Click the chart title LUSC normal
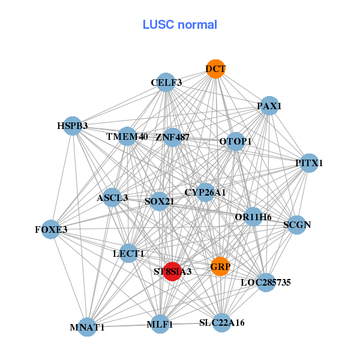[179, 25]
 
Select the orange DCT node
[215, 68]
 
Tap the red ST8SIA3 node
[173, 271]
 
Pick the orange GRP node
[220, 266]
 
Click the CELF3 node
[166, 82]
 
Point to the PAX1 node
[269, 106]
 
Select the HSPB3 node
[73, 126]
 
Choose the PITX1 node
[308, 163]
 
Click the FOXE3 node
[51, 229]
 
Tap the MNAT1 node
[88, 327]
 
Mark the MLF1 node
[160, 325]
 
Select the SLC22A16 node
[222, 323]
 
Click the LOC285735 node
[266, 282]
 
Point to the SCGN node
[297, 225]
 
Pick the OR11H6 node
[253, 217]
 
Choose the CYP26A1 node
[205, 192]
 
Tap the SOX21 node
[160, 201]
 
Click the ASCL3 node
[112, 197]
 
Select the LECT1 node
[128, 254]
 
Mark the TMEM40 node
[127, 137]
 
